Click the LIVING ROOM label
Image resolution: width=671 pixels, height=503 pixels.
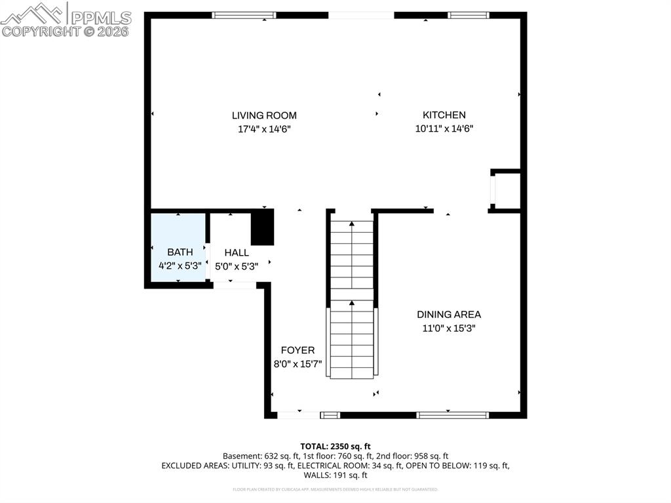263,115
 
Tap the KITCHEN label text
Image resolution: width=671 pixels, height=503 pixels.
444,115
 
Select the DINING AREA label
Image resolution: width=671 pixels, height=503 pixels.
448,315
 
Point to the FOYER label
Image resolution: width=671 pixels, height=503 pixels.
297,350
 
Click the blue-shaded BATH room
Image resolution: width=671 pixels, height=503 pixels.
179,247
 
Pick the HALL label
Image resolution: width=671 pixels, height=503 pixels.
237,252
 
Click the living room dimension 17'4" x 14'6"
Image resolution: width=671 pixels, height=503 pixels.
263,129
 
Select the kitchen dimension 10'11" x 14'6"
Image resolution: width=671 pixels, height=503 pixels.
444,129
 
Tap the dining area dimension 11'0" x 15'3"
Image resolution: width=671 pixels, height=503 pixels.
448,329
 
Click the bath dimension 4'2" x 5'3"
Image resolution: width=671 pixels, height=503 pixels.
180,266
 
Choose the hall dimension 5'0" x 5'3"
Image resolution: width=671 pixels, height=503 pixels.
237,266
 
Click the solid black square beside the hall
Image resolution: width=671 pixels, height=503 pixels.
262,228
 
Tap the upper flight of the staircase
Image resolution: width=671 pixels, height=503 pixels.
352,256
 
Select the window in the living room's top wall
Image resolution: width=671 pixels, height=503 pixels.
244,15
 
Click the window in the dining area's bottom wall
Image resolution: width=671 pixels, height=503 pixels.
453,414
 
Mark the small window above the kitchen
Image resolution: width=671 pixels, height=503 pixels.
469,15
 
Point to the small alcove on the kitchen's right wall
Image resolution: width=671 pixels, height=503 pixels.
507,191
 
